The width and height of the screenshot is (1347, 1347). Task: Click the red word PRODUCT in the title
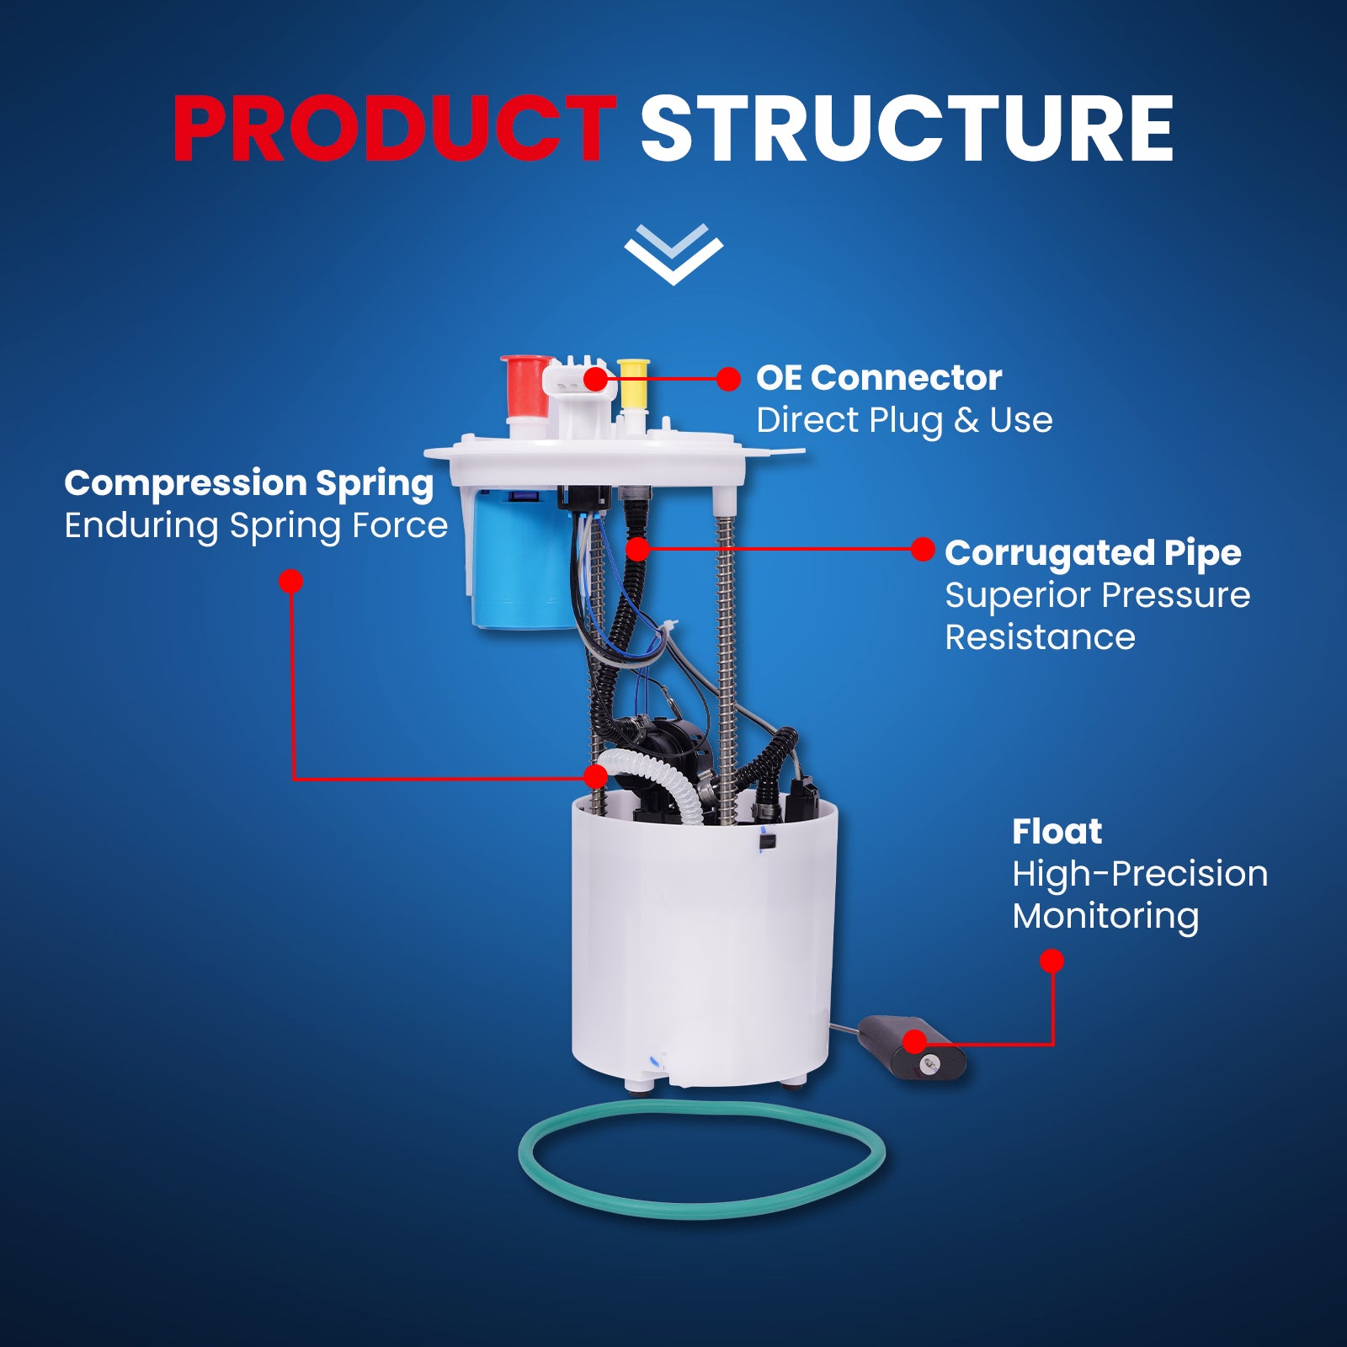395,128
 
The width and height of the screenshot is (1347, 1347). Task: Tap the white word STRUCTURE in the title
907,128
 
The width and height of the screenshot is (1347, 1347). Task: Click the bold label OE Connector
879,378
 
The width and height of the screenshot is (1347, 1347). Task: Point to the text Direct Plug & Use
904,420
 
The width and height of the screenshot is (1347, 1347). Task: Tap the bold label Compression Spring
249,484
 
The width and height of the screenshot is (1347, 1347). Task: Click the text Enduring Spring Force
256,526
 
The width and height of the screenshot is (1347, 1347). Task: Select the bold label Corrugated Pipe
1093,554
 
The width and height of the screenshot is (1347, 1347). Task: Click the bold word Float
1057,832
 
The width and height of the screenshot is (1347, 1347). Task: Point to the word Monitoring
1105,917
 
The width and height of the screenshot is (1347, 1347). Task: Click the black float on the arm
912,1048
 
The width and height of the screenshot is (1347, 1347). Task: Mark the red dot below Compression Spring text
290,582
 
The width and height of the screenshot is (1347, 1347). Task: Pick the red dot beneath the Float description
1052,961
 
